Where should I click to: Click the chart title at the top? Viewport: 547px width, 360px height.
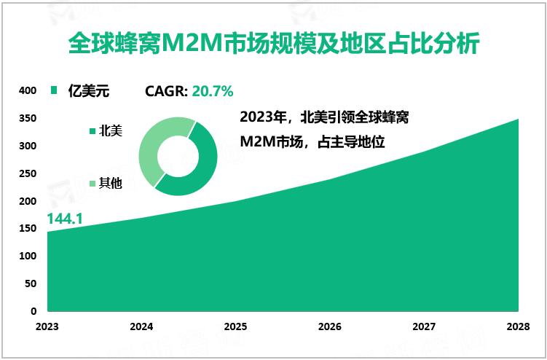tap(273, 44)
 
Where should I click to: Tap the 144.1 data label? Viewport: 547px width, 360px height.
tap(66, 219)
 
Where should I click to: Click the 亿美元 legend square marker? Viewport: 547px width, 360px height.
tap(52, 92)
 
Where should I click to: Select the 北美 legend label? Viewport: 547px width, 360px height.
tap(110, 131)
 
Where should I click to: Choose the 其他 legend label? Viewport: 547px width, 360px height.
tap(110, 184)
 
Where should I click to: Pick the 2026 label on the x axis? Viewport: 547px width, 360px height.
tap(330, 327)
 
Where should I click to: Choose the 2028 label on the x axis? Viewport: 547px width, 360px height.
tap(519, 327)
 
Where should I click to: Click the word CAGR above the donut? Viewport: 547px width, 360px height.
tap(166, 92)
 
